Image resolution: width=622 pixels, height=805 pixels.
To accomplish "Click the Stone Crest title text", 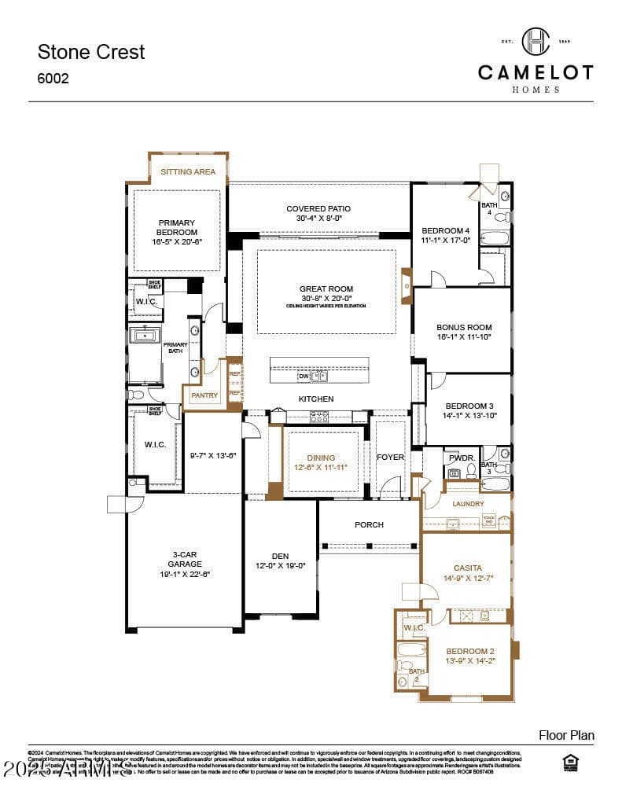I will (x=91, y=52).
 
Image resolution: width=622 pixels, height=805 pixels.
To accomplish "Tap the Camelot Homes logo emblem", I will (x=536, y=42).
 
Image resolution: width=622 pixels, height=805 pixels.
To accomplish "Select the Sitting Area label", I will (x=188, y=171).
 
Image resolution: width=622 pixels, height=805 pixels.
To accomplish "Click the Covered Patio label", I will (x=318, y=209).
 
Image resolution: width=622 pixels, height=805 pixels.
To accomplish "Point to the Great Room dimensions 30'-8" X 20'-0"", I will (x=326, y=298).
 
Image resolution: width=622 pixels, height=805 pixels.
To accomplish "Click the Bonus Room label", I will (x=464, y=327).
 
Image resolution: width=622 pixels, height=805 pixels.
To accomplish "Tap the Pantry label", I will (x=204, y=395).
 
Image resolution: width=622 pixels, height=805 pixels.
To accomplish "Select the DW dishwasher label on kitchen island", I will (x=303, y=377).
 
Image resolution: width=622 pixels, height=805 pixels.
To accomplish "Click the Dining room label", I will (x=321, y=458).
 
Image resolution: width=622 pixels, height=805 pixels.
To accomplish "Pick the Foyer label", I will (x=390, y=458).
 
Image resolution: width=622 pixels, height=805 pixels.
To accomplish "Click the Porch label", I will (x=369, y=525).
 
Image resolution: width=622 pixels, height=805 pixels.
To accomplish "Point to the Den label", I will (x=280, y=556).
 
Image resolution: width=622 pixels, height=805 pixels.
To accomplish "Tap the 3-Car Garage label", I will (x=186, y=559).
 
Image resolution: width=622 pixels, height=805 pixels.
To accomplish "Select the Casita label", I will (x=468, y=568).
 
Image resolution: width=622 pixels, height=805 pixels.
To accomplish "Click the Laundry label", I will (x=468, y=504).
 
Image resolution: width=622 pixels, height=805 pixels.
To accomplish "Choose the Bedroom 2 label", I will (x=469, y=651).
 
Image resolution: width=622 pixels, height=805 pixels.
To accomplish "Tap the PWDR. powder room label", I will (x=461, y=457).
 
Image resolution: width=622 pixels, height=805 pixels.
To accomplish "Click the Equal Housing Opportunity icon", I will (x=572, y=763).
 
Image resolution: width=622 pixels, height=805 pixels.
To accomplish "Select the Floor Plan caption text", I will (x=566, y=736).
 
